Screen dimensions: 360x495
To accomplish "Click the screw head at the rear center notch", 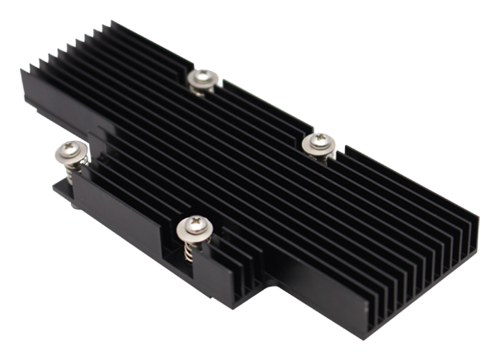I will pyautogui.click(x=200, y=78).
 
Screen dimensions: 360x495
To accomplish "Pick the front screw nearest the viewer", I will pyautogui.click(x=196, y=225).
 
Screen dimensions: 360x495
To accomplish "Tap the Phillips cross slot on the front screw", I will pyautogui.click(x=196, y=223).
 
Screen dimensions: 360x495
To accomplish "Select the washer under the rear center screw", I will pyautogui.click(x=200, y=84).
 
